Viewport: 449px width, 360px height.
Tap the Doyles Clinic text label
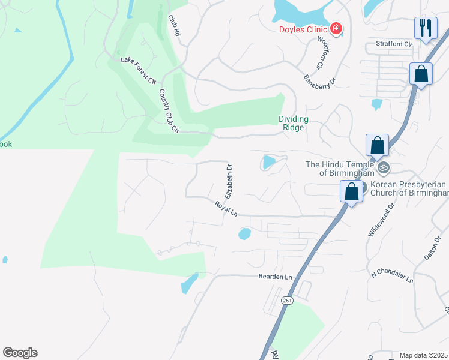pos(303,30)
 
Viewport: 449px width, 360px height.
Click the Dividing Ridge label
pos(293,123)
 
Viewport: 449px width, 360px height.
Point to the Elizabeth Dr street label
pos(229,181)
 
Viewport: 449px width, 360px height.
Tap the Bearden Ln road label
pos(275,277)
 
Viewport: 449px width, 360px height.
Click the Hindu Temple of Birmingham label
pos(340,169)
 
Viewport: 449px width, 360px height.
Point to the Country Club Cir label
pos(169,111)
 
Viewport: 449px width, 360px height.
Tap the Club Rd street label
pos(174,26)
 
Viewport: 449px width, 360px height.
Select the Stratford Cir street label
pos(394,44)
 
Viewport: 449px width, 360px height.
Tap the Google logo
pos(20,353)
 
